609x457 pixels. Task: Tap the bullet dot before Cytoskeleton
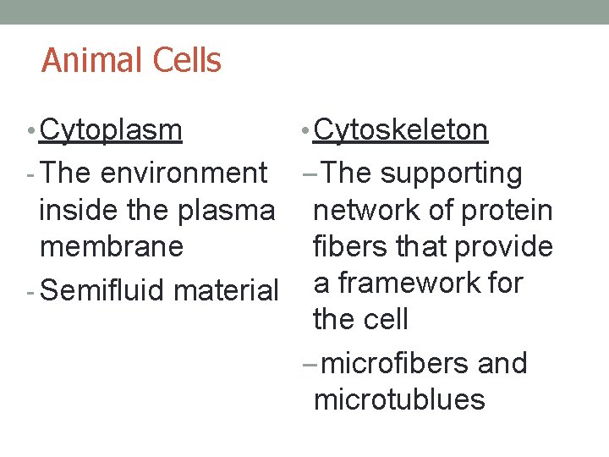click(x=305, y=132)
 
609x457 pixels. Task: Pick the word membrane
click(x=111, y=246)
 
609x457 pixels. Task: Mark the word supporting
click(x=452, y=173)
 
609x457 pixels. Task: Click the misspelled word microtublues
click(x=399, y=399)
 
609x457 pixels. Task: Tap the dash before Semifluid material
click(x=30, y=291)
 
